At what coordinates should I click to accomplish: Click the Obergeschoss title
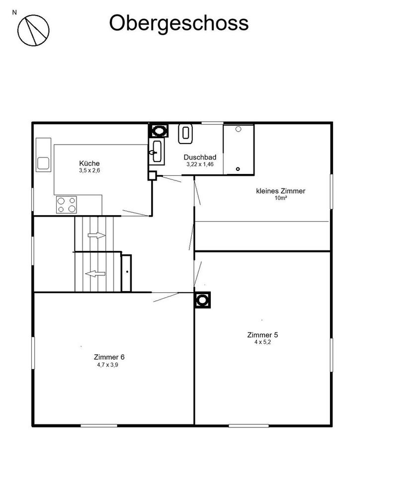click(179, 23)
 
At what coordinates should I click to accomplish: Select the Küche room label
click(89, 163)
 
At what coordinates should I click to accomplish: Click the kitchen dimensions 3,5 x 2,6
click(89, 170)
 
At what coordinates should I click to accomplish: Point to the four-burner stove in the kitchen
click(67, 204)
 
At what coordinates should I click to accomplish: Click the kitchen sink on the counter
click(43, 163)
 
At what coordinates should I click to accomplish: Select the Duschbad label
click(200, 157)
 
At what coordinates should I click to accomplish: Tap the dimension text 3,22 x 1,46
click(200, 164)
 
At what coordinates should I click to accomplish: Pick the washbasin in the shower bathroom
click(157, 151)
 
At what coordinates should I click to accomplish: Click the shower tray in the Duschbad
click(239, 150)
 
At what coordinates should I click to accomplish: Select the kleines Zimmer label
click(280, 191)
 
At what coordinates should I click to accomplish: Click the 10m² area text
click(281, 198)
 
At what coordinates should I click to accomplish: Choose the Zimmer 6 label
click(108, 357)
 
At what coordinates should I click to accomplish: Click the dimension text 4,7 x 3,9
click(108, 364)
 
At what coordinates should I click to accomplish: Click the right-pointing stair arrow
click(97, 235)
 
